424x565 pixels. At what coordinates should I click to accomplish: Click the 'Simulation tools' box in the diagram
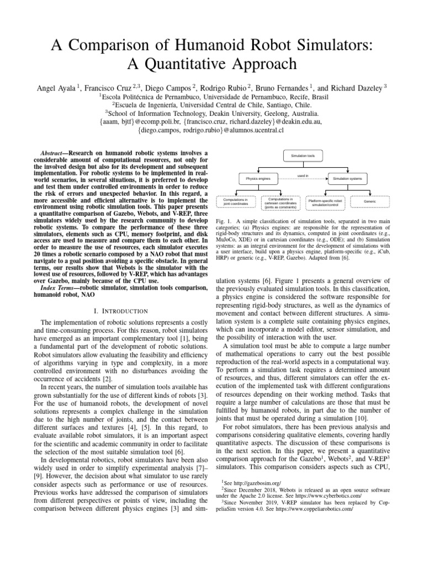click(x=303, y=156)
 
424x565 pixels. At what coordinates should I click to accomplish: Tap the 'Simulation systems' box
click(x=348, y=178)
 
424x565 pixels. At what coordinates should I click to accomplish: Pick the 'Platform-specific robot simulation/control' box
click(x=325, y=201)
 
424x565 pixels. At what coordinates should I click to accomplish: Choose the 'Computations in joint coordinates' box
click(x=236, y=201)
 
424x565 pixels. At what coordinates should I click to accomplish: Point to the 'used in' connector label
click(x=303, y=175)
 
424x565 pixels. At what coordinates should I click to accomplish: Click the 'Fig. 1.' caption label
click(x=222, y=221)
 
